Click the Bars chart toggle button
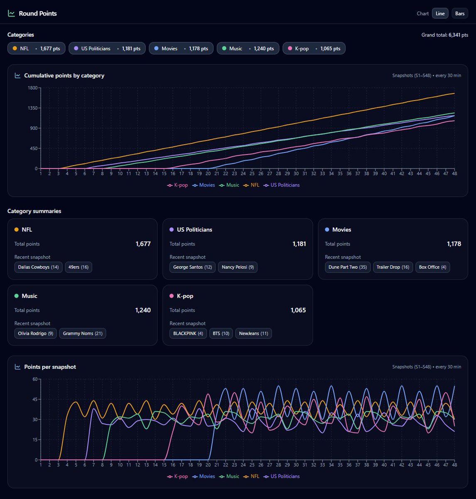pos(460,13)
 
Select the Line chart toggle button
pos(440,13)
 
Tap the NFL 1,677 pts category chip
pos(36,48)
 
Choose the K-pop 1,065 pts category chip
pos(314,48)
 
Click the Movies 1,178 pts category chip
pos(181,48)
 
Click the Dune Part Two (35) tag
pos(348,267)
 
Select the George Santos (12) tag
pos(192,267)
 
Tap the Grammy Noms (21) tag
pos(83,333)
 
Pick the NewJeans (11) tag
pos(253,333)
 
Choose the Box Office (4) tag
pos(432,267)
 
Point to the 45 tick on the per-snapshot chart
pos(34,399)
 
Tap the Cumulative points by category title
pos(64,76)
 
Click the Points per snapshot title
pos(50,367)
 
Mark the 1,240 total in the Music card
pos(143,310)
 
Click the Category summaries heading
pos(34,211)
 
